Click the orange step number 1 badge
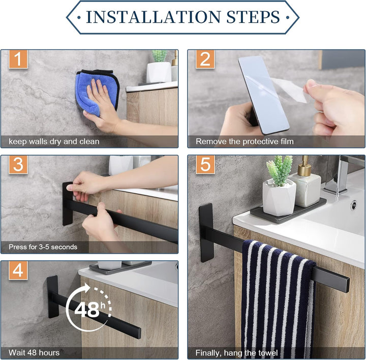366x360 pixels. pyautogui.click(x=18, y=59)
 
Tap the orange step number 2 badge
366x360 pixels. pyautogui.click(x=205, y=59)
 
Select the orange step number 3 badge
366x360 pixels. pyautogui.click(x=18, y=165)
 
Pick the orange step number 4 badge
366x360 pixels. pyautogui.click(x=18, y=271)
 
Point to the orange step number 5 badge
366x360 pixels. pyautogui.click(x=205, y=165)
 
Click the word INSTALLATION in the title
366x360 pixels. pyautogui.click(x=153, y=17)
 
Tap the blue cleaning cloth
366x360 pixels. pyautogui.click(x=97, y=92)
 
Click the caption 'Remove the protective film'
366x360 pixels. pyautogui.click(x=245, y=141)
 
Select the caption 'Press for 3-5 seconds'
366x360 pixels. pyautogui.click(x=43, y=247)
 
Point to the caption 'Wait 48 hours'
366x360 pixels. pyautogui.click(x=34, y=352)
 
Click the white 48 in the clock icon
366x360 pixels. pyautogui.click(x=87, y=310)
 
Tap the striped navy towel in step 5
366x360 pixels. pyautogui.click(x=278, y=300)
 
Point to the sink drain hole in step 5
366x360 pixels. pyautogui.click(x=353, y=205)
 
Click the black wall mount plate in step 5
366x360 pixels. pyautogui.click(x=206, y=232)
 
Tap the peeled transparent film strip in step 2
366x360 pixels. pyautogui.click(x=289, y=90)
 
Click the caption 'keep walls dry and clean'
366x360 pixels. pyautogui.click(x=54, y=141)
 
